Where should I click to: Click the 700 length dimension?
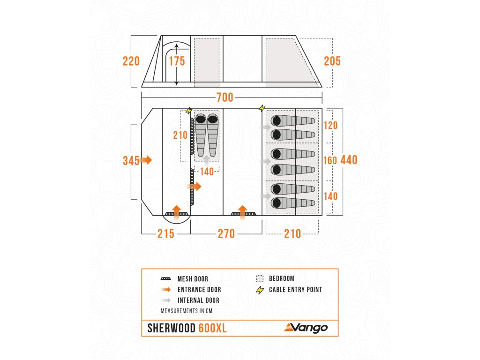225,98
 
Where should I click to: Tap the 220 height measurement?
131,61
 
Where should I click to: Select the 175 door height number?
177,61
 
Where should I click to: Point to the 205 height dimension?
332,61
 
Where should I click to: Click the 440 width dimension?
349,160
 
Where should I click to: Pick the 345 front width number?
131,161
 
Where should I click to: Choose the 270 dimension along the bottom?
226,233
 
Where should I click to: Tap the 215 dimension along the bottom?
166,233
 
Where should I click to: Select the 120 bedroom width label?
331,126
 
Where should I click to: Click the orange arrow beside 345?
146,160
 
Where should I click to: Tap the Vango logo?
306,328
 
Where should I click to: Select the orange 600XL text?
213,328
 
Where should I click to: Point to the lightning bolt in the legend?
259,290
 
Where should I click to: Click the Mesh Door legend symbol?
166,279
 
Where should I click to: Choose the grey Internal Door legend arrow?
166,300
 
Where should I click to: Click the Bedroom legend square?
260,278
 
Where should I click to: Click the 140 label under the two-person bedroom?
207,172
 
